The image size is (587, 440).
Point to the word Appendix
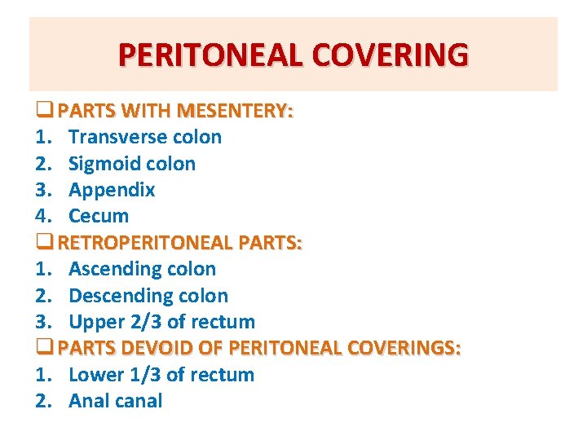tap(112, 191)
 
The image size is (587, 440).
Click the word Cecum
tap(99, 217)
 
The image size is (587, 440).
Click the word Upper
tap(94, 322)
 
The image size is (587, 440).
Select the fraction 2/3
tap(144, 322)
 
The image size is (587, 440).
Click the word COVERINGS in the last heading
tap(404, 349)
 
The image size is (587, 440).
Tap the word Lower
tap(95, 375)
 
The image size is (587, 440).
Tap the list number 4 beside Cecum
tap(42, 217)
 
